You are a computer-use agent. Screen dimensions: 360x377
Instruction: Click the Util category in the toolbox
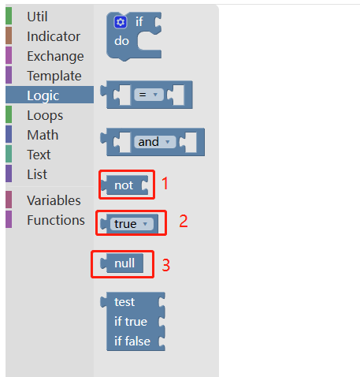point(37,17)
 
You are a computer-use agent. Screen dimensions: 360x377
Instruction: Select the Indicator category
point(54,36)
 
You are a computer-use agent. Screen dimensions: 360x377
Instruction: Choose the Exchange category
point(55,56)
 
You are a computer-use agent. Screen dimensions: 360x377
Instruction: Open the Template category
point(54,76)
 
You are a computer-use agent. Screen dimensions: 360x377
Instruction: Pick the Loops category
point(45,115)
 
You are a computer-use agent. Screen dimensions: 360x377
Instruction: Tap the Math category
point(43,135)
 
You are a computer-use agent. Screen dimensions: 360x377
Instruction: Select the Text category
point(39,155)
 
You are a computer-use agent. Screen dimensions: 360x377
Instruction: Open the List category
point(37,174)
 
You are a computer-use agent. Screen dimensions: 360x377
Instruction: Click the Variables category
point(54,200)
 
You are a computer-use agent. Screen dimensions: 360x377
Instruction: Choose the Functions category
point(56,220)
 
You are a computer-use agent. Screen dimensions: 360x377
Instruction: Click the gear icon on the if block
point(121,22)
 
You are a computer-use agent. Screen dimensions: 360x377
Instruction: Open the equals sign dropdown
point(149,95)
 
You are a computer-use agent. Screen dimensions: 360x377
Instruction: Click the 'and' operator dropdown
point(155,142)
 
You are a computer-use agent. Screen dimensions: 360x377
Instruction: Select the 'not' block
point(124,185)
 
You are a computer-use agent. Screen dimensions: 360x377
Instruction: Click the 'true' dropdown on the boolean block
point(132,224)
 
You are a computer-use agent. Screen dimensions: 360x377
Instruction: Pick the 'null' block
point(122,263)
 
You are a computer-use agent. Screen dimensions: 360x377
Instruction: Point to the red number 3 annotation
point(166,265)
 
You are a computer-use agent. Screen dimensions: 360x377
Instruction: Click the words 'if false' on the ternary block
point(132,342)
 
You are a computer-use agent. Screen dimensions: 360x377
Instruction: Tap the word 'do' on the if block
point(121,41)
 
